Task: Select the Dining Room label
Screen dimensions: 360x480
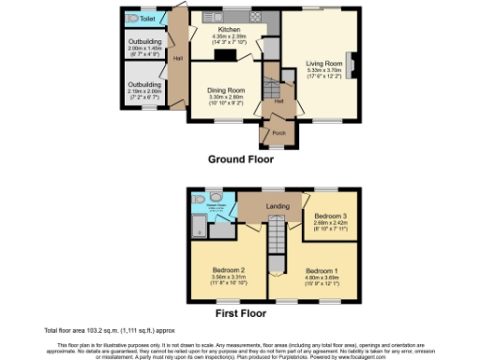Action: point(224,91)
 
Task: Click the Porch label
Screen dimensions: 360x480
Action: point(278,133)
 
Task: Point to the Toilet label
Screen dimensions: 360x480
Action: point(148,18)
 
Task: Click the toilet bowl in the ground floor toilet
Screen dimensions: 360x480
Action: point(131,18)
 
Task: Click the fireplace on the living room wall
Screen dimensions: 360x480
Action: point(352,64)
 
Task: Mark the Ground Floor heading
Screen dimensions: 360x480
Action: point(240,159)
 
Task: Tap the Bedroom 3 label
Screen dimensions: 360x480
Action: point(330,208)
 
